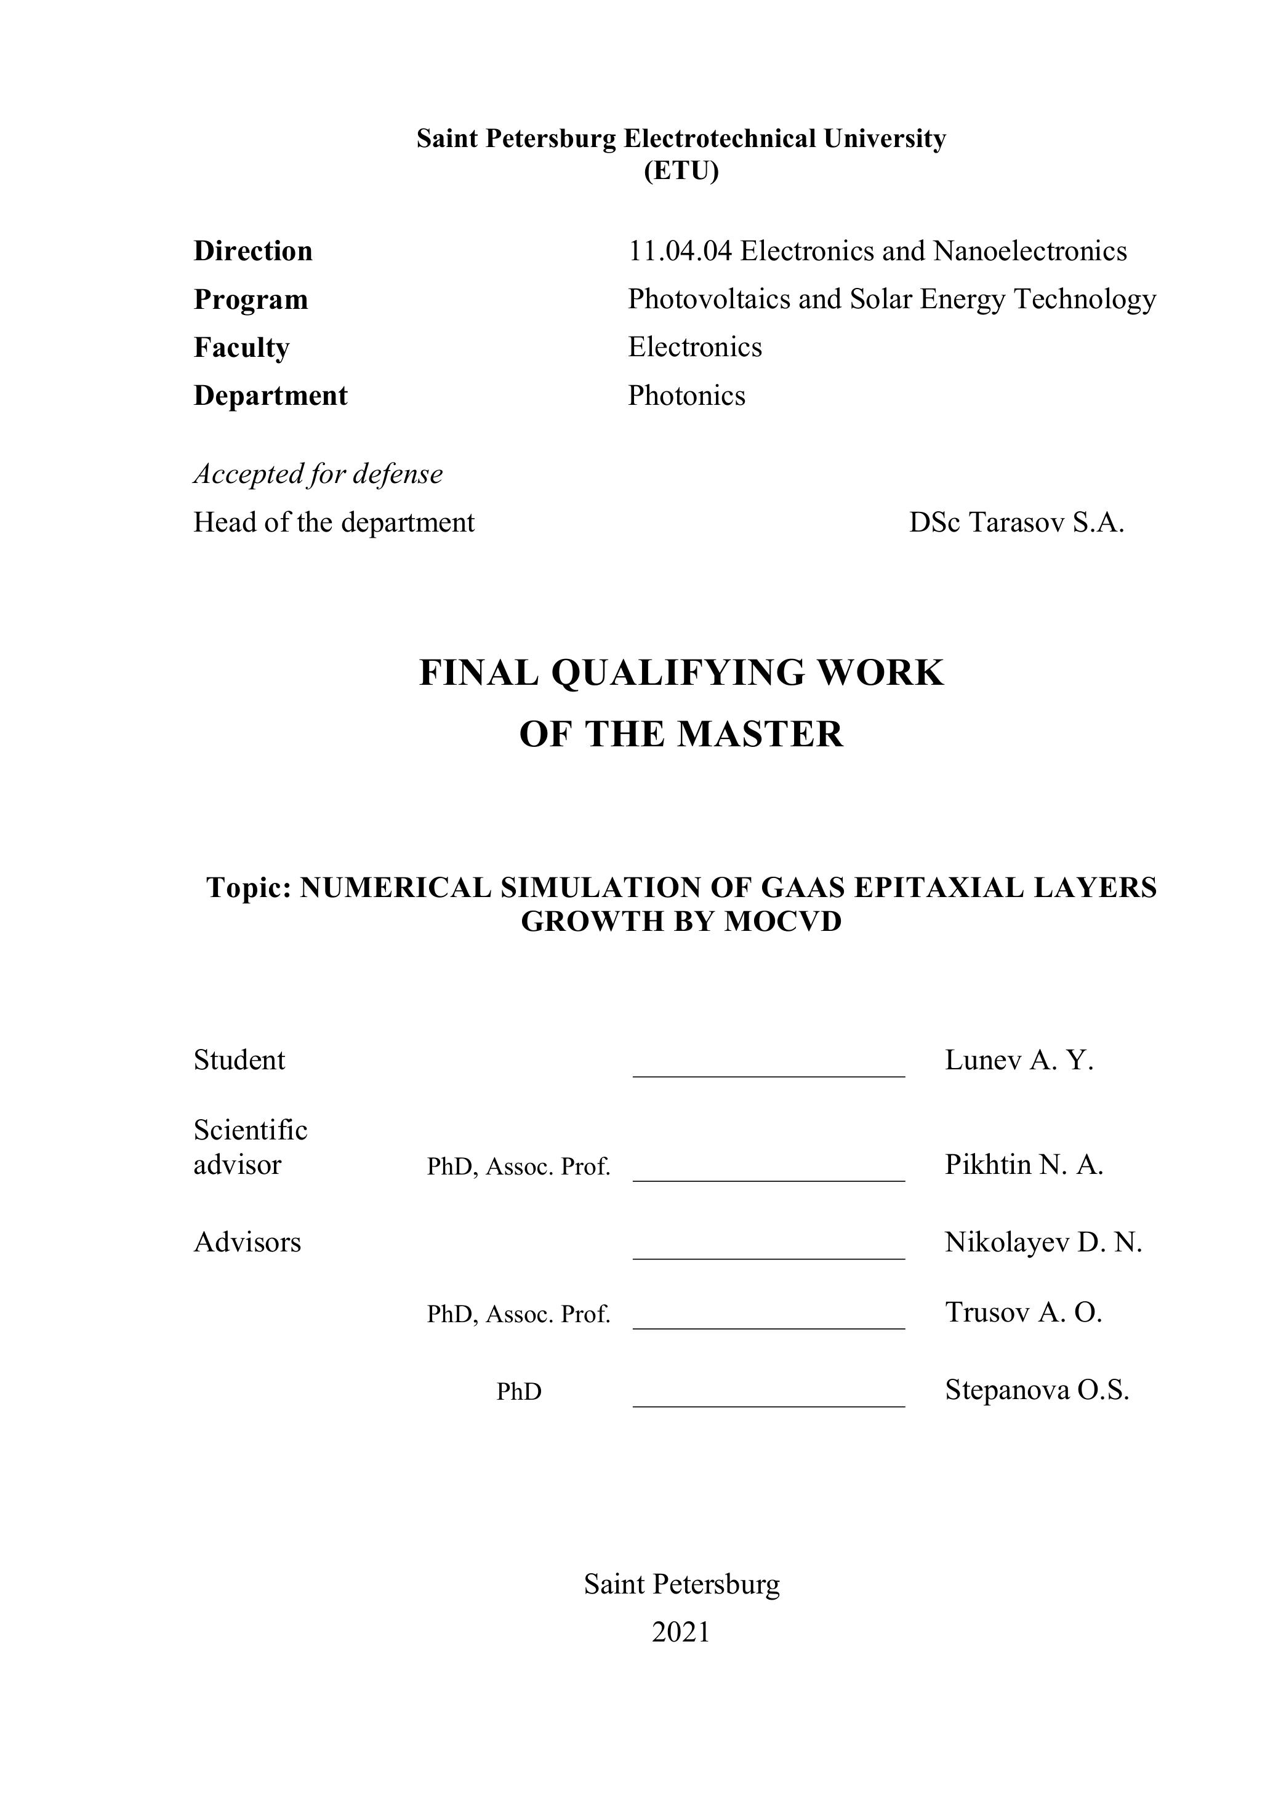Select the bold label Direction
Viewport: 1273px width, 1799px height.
pos(252,252)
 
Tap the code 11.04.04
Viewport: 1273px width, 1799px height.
pos(680,252)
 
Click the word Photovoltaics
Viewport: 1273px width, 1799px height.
pos(709,299)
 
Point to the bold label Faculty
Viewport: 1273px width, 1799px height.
pos(241,347)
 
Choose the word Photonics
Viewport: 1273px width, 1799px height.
pos(686,396)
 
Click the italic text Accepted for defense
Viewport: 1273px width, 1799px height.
pos(318,474)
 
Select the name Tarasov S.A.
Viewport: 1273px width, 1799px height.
pos(1046,522)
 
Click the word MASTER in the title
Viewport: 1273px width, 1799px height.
pos(760,734)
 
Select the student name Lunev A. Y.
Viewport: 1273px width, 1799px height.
pos(1018,1060)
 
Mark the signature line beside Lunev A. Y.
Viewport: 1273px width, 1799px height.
pos(768,1076)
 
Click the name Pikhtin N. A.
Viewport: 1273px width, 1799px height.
pos(1024,1165)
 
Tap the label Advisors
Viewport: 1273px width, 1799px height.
pos(247,1243)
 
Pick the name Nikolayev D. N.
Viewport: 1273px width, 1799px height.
pos(1043,1243)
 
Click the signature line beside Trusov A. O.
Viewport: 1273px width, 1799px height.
pos(768,1328)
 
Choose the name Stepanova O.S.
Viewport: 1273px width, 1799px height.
pos(1036,1390)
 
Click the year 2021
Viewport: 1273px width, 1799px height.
pos(680,1632)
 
